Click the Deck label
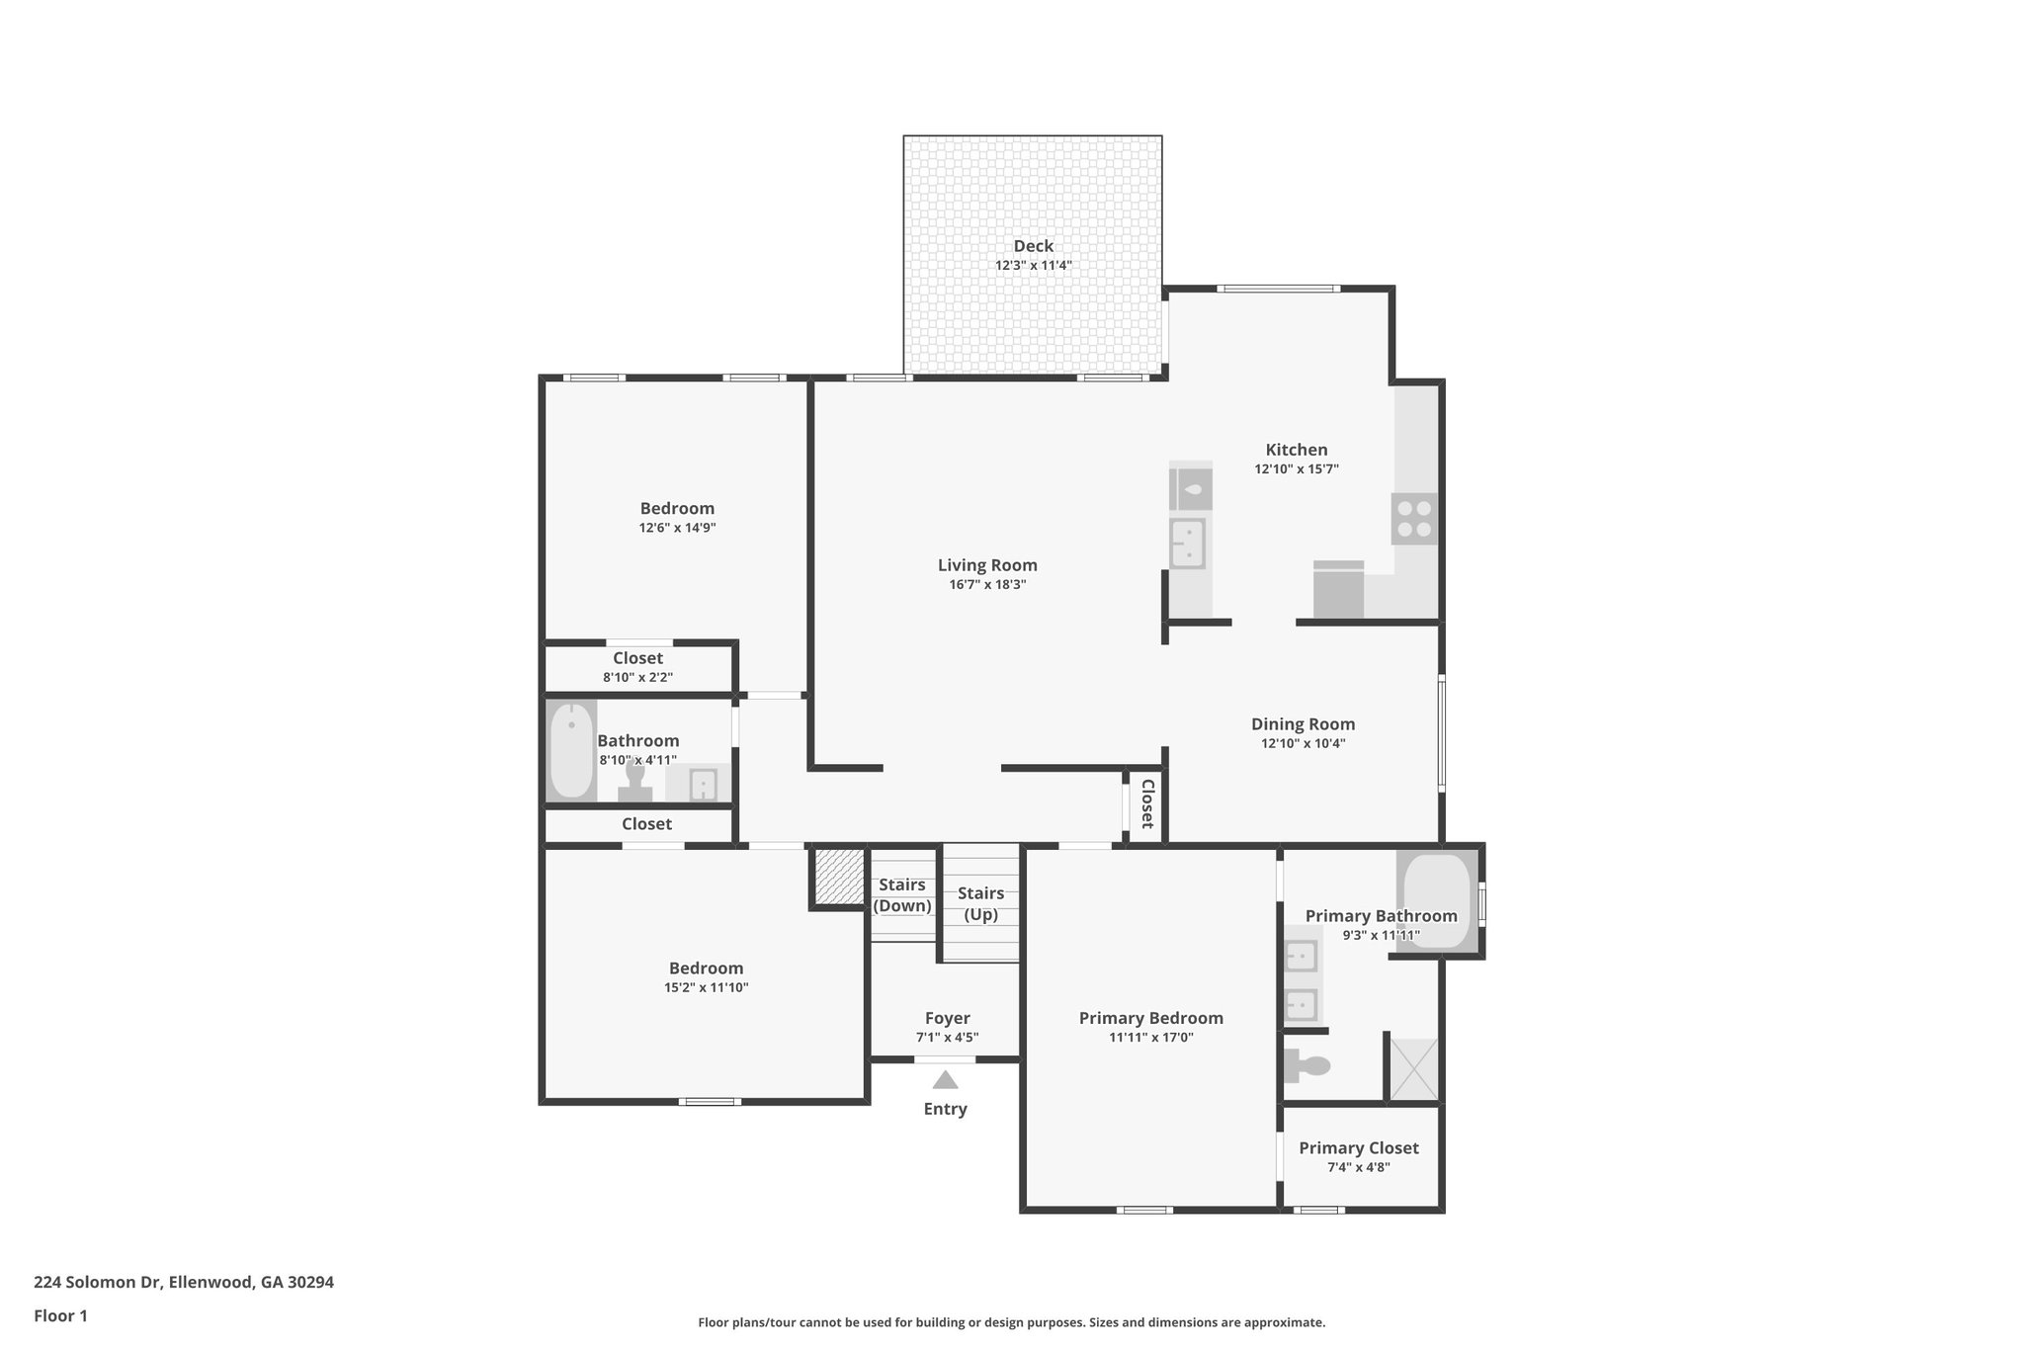click(x=1033, y=246)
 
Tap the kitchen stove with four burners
click(x=1414, y=519)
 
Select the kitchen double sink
click(x=1187, y=544)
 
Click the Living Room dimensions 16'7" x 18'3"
click(x=987, y=584)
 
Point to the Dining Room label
click(x=1303, y=724)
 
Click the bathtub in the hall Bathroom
click(x=571, y=751)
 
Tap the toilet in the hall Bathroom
click(x=635, y=783)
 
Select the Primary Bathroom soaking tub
click(x=1437, y=901)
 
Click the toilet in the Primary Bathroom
click(x=1307, y=1066)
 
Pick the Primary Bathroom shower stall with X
click(x=1413, y=1068)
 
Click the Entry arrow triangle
click(x=945, y=1080)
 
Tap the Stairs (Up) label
click(x=980, y=903)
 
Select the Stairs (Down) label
click(x=902, y=895)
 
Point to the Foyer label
click(x=947, y=1018)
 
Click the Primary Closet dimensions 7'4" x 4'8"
click(x=1358, y=1167)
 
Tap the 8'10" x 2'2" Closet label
click(x=637, y=658)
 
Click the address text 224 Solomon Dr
click(x=184, y=1282)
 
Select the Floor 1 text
click(x=61, y=1315)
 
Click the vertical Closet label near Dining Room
click(x=1147, y=803)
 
